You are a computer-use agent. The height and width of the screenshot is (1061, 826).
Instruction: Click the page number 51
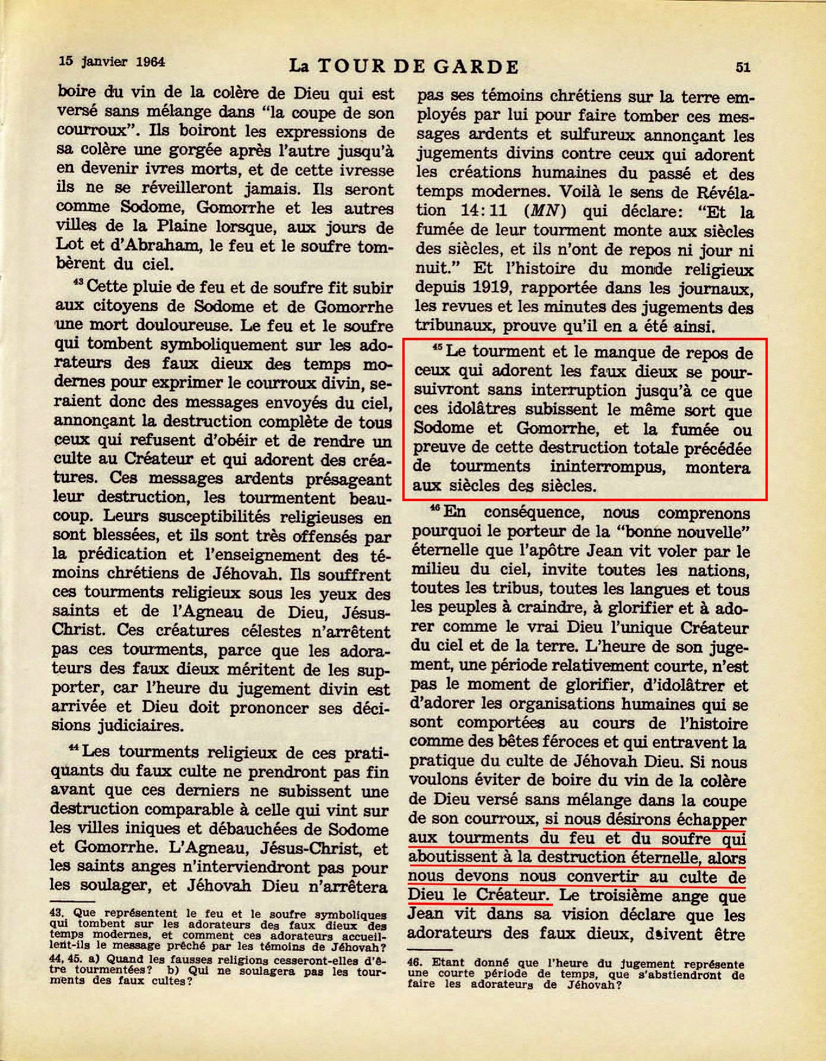click(742, 66)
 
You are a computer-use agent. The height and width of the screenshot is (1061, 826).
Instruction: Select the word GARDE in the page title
click(479, 66)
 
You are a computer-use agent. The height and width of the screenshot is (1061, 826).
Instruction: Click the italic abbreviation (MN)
click(539, 210)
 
